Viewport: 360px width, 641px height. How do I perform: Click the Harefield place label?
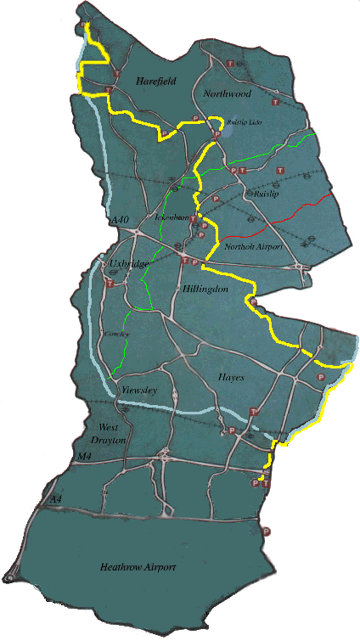(x=155, y=80)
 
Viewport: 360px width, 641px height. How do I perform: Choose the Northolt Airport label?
(x=252, y=246)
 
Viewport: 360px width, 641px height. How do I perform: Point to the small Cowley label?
(x=113, y=335)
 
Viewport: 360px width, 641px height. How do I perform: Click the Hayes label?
(x=230, y=376)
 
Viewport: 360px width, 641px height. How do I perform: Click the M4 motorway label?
(x=84, y=458)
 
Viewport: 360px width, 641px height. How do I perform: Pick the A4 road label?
(x=55, y=499)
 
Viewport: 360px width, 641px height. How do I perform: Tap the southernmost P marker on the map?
(x=267, y=531)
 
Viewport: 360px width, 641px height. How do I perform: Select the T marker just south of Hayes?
(x=252, y=412)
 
